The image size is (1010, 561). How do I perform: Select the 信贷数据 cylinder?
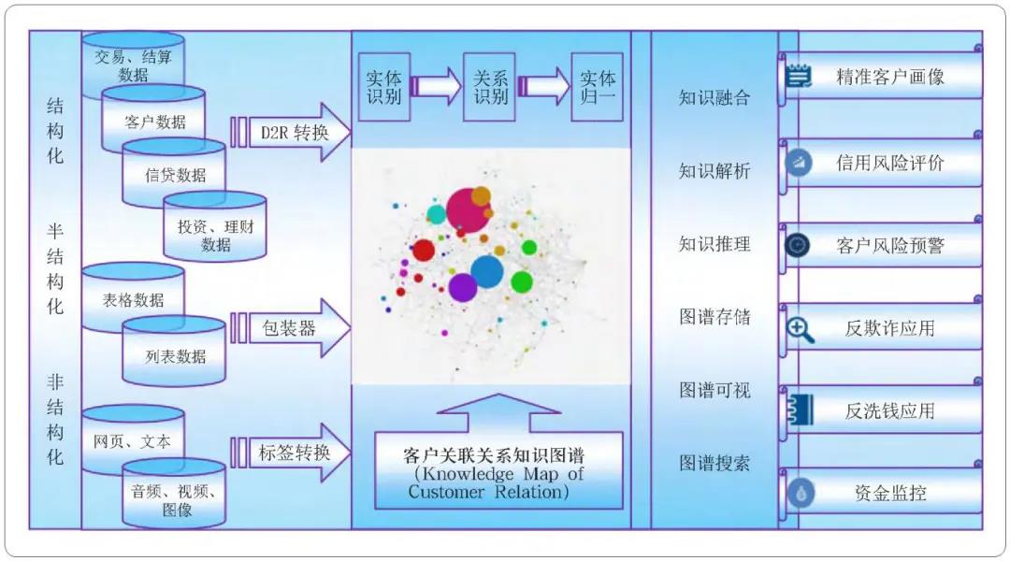[175, 174]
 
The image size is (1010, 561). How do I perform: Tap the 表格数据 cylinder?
[134, 299]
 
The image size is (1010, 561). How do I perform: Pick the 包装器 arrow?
[297, 328]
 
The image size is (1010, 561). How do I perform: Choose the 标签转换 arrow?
[297, 453]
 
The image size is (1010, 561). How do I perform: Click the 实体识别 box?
[383, 87]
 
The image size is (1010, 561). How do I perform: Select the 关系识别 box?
[489, 87]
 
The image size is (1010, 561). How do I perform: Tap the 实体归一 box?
[597, 87]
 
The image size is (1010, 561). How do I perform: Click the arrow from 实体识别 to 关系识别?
[436, 87]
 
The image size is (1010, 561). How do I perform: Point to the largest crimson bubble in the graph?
[467, 211]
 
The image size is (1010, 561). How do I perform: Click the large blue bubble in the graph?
[487, 271]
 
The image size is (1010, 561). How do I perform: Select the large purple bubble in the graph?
[463, 287]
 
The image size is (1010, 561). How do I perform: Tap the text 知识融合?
[714, 97]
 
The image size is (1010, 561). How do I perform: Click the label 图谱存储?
[714, 317]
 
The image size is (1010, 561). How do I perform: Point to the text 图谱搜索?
[714, 463]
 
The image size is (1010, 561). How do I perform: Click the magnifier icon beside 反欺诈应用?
[800, 329]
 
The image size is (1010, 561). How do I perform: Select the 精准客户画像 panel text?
[889, 77]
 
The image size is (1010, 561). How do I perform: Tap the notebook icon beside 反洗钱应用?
[801, 410]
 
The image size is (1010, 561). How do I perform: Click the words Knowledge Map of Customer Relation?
[496, 482]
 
